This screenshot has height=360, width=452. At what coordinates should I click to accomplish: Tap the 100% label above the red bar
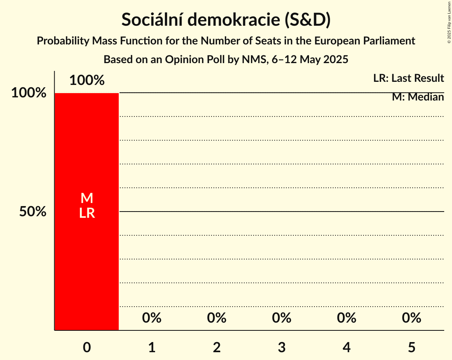(87, 80)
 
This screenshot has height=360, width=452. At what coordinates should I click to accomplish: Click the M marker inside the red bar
(87, 198)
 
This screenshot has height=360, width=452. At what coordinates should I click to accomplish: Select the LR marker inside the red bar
(87, 213)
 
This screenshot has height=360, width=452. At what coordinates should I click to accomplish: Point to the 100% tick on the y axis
(28, 93)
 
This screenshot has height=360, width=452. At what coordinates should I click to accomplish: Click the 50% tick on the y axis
(33, 212)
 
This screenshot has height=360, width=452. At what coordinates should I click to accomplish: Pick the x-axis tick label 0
(87, 347)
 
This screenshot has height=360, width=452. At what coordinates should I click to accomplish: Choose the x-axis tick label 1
(152, 347)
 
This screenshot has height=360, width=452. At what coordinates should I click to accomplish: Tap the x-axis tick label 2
(217, 347)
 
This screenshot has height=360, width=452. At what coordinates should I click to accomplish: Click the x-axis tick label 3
(282, 347)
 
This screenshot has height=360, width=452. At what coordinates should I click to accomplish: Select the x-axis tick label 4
(347, 347)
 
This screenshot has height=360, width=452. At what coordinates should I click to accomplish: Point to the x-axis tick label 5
(412, 347)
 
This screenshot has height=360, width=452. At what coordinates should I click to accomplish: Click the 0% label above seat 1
(152, 318)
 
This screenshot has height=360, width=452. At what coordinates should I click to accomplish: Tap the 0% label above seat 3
(282, 318)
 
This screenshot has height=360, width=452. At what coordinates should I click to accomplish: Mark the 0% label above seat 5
(412, 318)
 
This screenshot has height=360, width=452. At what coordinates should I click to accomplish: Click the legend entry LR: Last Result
(408, 78)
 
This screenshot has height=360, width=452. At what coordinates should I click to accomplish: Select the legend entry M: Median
(418, 97)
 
